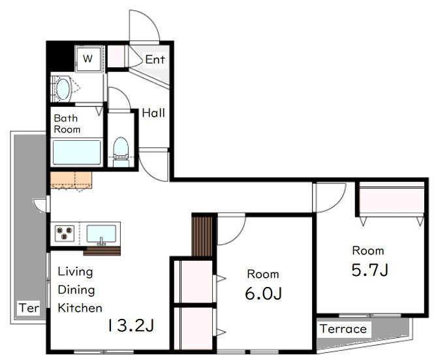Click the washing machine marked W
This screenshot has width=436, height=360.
point(88,59)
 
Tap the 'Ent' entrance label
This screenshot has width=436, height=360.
point(155,59)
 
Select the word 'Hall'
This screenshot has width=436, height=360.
point(153,113)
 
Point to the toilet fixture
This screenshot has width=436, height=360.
point(121,152)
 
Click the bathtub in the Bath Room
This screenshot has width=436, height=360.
point(77,152)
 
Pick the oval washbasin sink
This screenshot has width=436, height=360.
point(63,89)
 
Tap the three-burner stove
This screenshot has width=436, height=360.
point(65,233)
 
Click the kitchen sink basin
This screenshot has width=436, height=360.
point(101,233)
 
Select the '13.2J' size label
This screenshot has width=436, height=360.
point(131,325)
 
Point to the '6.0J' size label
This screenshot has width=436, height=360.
point(263,293)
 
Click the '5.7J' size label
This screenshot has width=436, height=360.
point(370,269)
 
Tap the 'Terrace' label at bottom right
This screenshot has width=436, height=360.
point(343,329)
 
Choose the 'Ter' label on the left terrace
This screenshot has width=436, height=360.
point(29,308)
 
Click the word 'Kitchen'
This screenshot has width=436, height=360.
point(80,308)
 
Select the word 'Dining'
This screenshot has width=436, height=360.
point(76,290)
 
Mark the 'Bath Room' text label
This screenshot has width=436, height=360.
point(67,124)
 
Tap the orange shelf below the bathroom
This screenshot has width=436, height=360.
point(71,180)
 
